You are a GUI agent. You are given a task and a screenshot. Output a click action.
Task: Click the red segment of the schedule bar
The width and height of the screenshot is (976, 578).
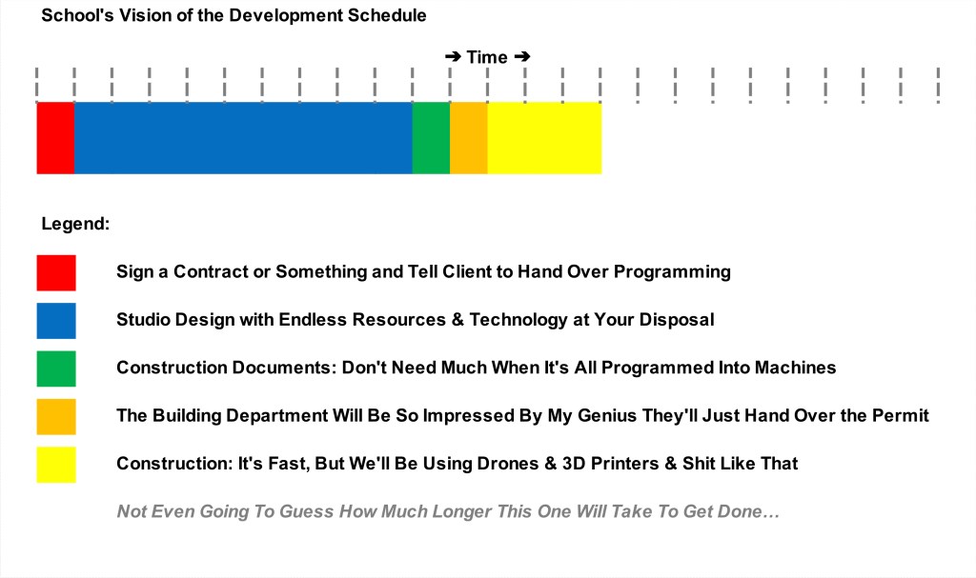click(x=55, y=138)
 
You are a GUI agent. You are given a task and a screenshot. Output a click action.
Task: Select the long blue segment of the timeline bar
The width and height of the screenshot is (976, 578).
click(x=243, y=138)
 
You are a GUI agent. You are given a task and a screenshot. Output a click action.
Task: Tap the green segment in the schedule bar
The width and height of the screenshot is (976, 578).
click(x=432, y=138)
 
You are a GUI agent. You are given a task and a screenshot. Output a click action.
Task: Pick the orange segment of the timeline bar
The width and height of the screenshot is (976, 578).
click(x=469, y=138)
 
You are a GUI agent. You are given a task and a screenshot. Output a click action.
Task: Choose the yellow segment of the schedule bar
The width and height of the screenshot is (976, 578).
click(x=544, y=138)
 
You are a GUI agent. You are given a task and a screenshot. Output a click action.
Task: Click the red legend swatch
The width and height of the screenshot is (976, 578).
click(x=56, y=272)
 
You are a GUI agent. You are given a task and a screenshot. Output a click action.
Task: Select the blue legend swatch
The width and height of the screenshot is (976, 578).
click(x=56, y=320)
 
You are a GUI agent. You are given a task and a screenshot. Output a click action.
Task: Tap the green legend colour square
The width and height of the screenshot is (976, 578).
click(x=56, y=369)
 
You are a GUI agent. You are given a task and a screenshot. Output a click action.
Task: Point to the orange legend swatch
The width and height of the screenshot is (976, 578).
click(x=56, y=416)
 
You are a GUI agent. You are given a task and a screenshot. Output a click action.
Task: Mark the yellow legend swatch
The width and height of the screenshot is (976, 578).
click(x=56, y=464)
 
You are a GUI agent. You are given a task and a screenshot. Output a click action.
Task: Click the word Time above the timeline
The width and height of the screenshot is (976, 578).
click(x=487, y=57)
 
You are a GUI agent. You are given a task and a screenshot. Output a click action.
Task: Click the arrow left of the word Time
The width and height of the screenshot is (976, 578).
click(x=453, y=57)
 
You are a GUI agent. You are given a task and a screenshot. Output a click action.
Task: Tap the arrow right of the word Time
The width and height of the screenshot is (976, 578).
click(x=522, y=57)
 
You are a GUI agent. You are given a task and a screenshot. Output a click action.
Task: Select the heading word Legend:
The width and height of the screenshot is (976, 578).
click(x=75, y=224)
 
